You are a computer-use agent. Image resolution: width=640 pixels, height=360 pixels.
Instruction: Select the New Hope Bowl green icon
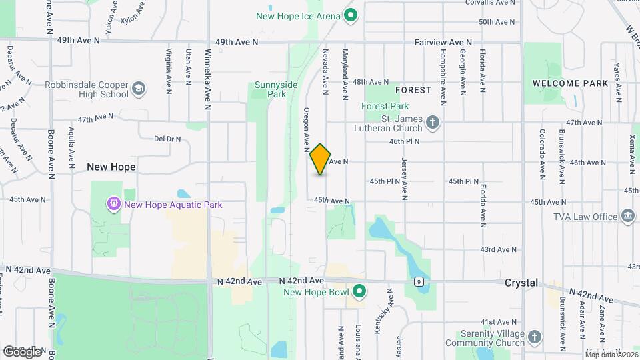click(x=359, y=292)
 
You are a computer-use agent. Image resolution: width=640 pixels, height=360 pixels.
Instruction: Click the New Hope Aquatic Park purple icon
click(x=113, y=205)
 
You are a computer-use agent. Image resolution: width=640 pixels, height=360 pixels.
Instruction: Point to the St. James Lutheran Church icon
click(x=433, y=122)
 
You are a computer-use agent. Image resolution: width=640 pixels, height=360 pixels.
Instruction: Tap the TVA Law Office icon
click(x=627, y=216)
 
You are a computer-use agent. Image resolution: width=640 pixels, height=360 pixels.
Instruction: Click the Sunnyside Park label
click(x=270, y=89)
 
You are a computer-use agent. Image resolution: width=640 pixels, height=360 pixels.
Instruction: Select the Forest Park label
click(x=385, y=106)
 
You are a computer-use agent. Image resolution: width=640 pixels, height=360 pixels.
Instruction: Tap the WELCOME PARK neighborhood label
click(x=570, y=83)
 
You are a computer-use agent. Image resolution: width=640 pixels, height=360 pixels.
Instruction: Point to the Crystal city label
click(x=521, y=283)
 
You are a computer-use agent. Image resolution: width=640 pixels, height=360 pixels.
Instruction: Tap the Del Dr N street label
click(x=168, y=139)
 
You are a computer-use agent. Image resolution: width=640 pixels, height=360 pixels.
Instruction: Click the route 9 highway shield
click(x=418, y=281)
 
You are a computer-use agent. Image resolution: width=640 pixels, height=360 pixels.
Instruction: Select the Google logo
click(x=22, y=351)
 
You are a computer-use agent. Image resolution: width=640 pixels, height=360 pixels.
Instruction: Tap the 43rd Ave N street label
click(x=497, y=249)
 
